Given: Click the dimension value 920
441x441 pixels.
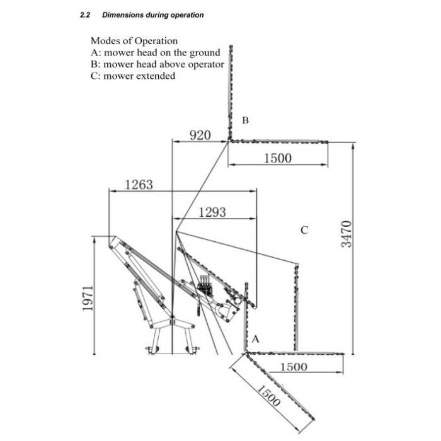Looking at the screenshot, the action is pyautogui.click(x=200, y=135).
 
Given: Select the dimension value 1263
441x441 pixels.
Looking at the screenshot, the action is pyautogui.click(x=139, y=185).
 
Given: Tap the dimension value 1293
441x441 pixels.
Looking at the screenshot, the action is pyautogui.click(x=212, y=212).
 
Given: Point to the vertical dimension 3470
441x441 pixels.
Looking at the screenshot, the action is pyautogui.click(x=346, y=234).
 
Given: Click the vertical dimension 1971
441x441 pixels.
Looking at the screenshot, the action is pyautogui.click(x=88, y=298).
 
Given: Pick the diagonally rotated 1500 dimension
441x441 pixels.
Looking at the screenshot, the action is pyautogui.click(x=269, y=396).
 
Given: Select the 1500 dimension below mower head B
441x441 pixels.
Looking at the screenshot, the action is pyautogui.click(x=278, y=158).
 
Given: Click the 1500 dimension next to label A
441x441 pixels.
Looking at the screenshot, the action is pyautogui.click(x=294, y=367).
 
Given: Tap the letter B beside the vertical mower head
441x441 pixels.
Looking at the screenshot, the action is pyautogui.click(x=245, y=120).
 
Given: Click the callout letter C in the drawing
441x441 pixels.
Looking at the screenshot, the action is pyautogui.click(x=304, y=230).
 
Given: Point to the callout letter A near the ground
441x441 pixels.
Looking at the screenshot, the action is pyautogui.click(x=255, y=339).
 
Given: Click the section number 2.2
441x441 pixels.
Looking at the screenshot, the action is pyautogui.click(x=85, y=15).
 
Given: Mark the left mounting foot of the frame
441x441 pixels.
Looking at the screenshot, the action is pyautogui.click(x=152, y=350).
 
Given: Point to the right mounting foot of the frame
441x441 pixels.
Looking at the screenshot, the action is pyautogui.click(x=192, y=350).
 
